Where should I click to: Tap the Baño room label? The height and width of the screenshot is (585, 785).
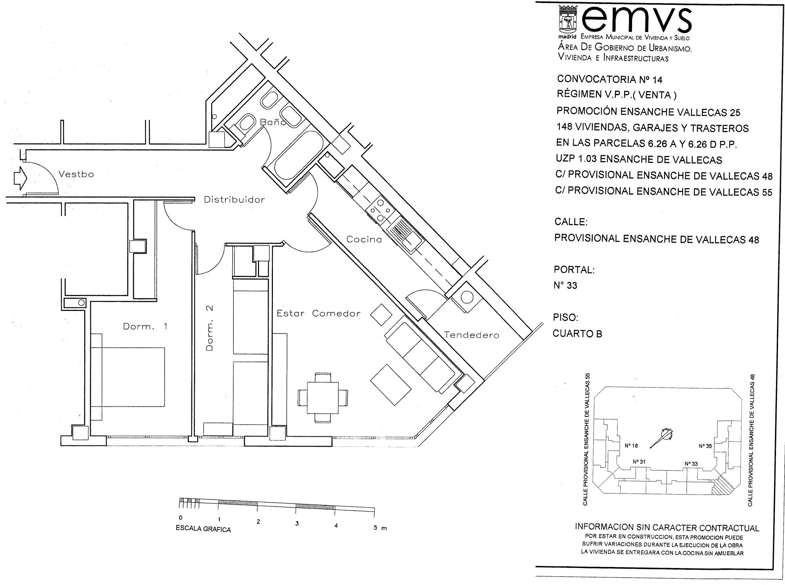click(x=273, y=121)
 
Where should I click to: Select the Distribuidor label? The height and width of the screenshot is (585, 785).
click(x=234, y=200)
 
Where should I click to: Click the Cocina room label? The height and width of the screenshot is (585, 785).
click(x=364, y=239)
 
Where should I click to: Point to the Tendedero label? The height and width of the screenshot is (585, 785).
click(x=472, y=335)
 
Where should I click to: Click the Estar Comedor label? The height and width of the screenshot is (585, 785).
click(x=318, y=313)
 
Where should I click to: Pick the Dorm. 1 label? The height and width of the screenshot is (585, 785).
click(x=145, y=326)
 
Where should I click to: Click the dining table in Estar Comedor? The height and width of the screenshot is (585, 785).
click(x=323, y=397)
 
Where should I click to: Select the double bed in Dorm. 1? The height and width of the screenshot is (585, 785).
click(x=128, y=377)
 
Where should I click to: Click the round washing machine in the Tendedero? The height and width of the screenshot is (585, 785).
click(x=467, y=297)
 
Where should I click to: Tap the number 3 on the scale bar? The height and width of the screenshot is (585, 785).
click(x=297, y=523)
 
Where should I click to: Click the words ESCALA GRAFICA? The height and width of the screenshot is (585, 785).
click(x=203, y=529)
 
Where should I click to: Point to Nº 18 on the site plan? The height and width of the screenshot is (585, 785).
click(x=631, y=446)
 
